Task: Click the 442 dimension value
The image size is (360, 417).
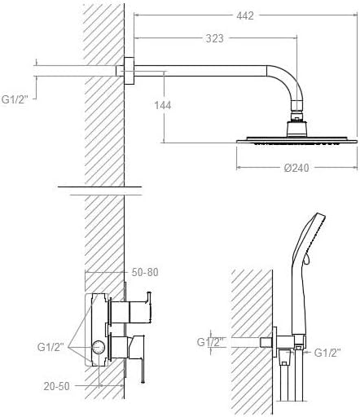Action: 245,15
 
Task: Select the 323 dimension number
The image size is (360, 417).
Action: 214,38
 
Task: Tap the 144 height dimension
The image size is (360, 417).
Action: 163,105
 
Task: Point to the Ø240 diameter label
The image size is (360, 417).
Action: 296,168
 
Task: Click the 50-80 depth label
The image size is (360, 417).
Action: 145,272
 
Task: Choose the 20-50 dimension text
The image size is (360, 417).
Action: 56,386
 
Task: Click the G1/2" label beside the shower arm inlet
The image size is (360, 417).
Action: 15,99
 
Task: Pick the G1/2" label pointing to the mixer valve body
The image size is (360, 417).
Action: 50,347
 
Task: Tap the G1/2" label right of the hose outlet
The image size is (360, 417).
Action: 327,353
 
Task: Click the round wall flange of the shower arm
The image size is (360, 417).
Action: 130,71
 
